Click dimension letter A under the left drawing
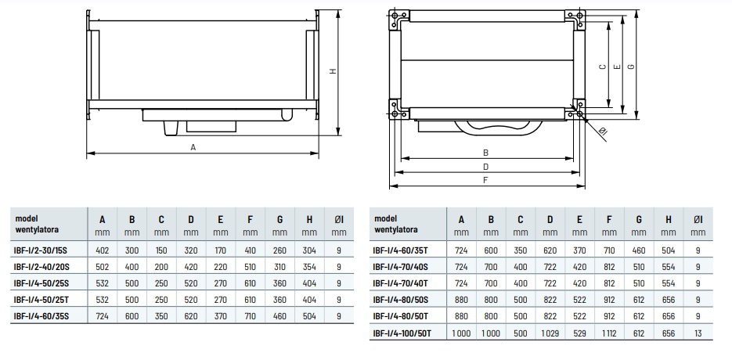[x=193, y=147]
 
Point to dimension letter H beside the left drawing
[x=333, y=71]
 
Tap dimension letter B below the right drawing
[x=485, y=153]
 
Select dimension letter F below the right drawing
[x=485, y=180]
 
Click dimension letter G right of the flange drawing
[x=631, y=67]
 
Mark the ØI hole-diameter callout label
[x=602, y=132]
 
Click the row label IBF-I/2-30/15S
[x=41, y=250]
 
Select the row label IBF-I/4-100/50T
[x=402, y=333]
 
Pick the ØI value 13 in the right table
[x=698, y=333]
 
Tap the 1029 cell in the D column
[x=550, y=333]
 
